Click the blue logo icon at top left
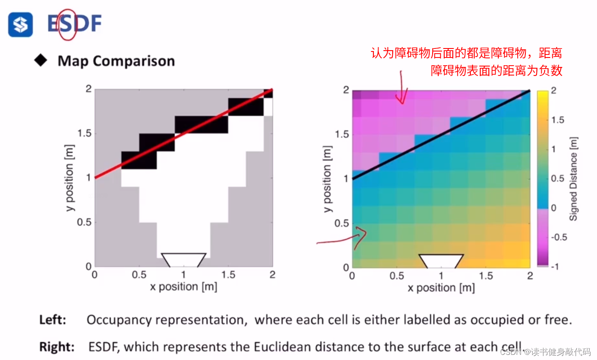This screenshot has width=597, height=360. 20,24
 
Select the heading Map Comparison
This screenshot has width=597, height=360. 116,61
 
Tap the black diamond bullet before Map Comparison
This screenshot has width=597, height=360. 41,61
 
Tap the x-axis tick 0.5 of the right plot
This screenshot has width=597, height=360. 397,275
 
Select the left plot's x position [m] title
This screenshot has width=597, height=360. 183,287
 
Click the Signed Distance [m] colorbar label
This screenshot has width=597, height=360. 573,178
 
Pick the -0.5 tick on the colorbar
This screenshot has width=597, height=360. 558,237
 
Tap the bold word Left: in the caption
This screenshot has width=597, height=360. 53,320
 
